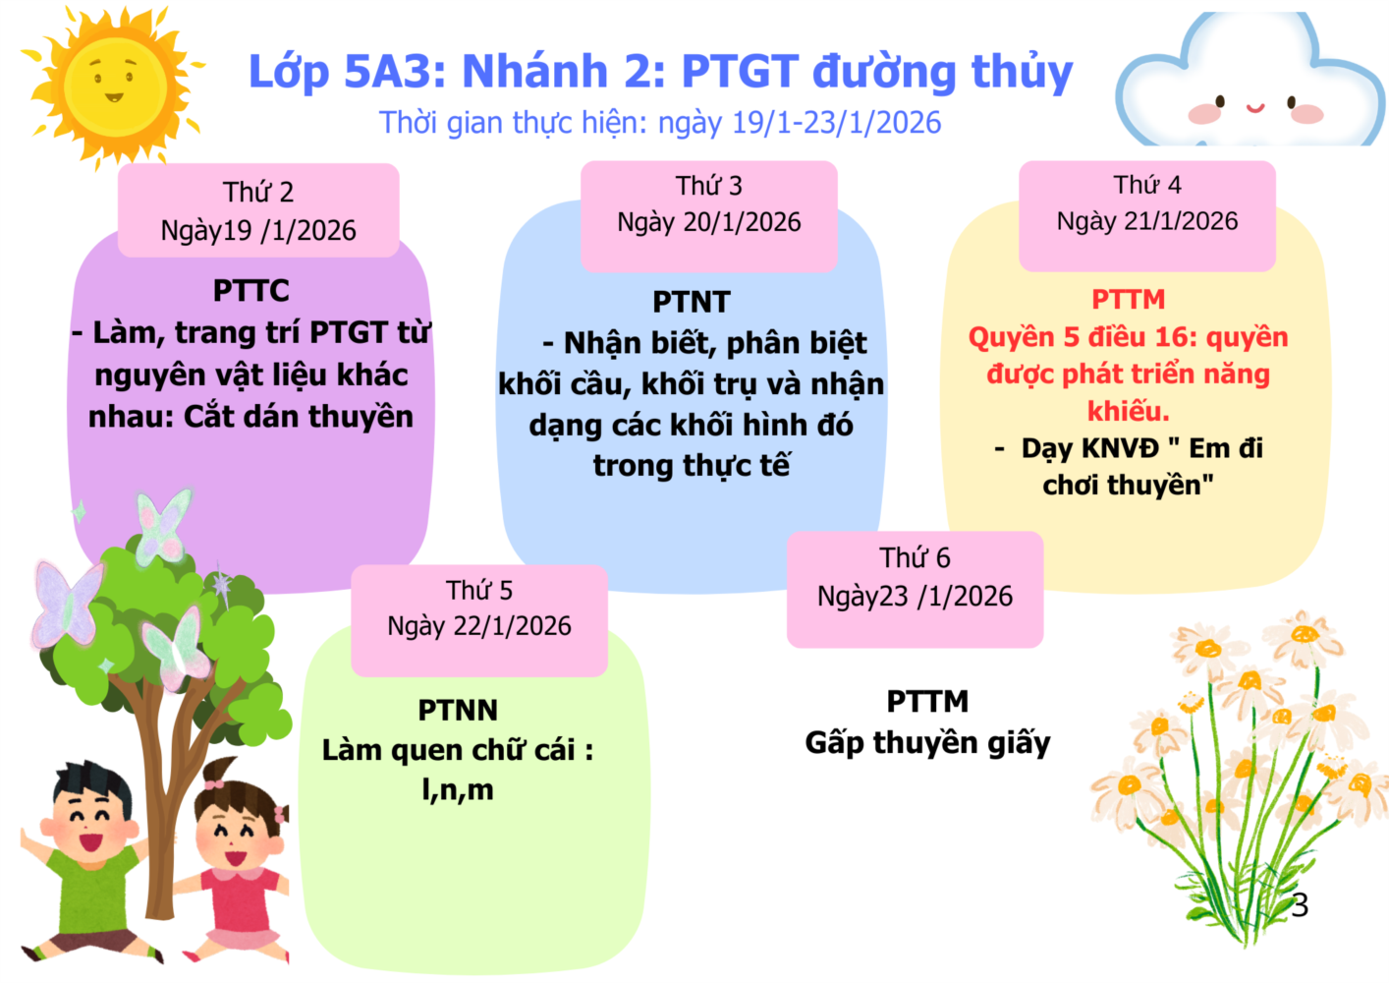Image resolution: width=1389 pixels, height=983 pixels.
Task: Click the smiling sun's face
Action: (116, 84)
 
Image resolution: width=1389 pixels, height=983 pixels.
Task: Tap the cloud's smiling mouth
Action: (1255, 108)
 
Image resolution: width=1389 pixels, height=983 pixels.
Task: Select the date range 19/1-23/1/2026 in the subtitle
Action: (837, 122)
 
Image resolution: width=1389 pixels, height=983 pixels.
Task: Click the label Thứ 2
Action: (258, 192)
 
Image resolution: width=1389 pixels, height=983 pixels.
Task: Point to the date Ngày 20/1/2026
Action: (709, 222)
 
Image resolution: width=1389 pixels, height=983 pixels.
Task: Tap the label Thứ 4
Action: (1147, 185)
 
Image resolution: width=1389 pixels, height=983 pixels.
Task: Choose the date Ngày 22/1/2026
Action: (479, 626)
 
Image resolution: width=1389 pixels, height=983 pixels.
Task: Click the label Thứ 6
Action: (915, 557)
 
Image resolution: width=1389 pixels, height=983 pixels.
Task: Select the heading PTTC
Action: (251, 290)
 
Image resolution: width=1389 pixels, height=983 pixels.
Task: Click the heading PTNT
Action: (692, 302)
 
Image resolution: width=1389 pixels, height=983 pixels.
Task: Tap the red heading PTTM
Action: (1129, 299)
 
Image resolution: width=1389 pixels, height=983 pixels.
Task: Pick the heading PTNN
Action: (458, 710)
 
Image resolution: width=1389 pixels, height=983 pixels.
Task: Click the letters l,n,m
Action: (458, 790)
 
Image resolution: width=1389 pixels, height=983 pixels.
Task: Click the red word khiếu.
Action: (1129, 411)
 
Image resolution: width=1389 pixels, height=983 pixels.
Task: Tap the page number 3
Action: (1300, 904)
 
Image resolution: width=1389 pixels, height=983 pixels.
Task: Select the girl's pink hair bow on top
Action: (214, 783)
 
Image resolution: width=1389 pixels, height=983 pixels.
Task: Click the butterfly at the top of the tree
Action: (163, 526)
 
